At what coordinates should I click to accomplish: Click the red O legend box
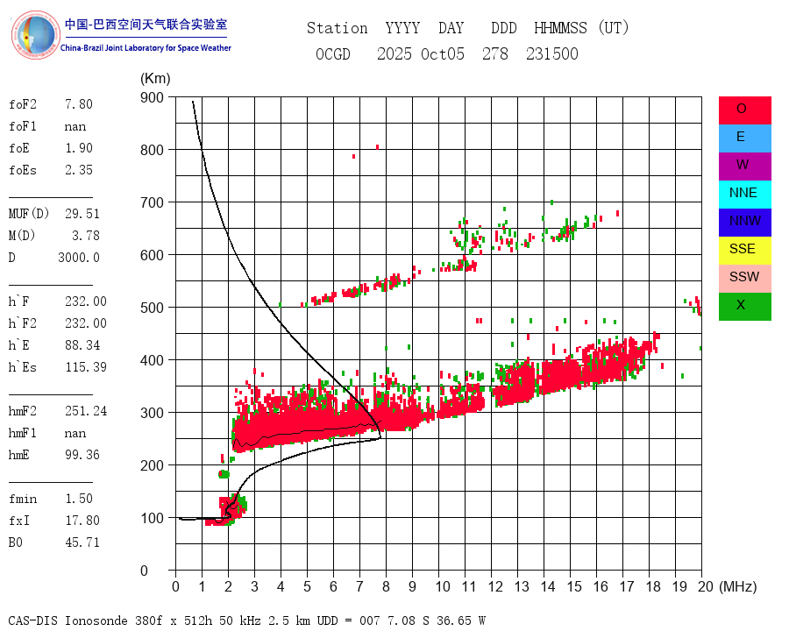click(x=744, y=110)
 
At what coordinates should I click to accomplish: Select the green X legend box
click(x=744, y=306)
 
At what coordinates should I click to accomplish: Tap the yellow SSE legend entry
click(x=744, y=250)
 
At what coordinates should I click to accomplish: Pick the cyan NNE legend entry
click(x=744, y=194)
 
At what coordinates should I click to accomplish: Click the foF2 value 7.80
click(x=78, y=104)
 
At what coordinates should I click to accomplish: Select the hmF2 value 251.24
click(x=86, y=411)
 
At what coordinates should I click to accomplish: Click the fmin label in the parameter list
click(x=23, y=499)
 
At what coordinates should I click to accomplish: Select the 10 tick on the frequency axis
click(x=438, y=586)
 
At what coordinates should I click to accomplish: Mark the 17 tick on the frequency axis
click(x=622, y=586)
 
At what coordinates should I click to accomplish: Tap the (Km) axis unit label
click(x=155, y=79)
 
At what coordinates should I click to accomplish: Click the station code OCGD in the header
click(x=333, y=54)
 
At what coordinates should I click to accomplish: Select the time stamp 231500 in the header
click(x=552, y=54)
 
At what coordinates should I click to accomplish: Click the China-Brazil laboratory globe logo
click(x=35, y=35)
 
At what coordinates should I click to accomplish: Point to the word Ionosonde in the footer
click(x=95, y=620)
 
